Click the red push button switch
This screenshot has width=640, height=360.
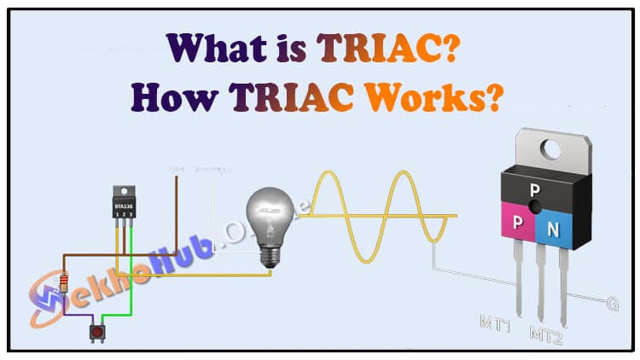pos(96,330)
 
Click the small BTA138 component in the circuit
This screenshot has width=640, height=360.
pos(125,205)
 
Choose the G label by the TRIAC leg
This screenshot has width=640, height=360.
pos(612,304)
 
